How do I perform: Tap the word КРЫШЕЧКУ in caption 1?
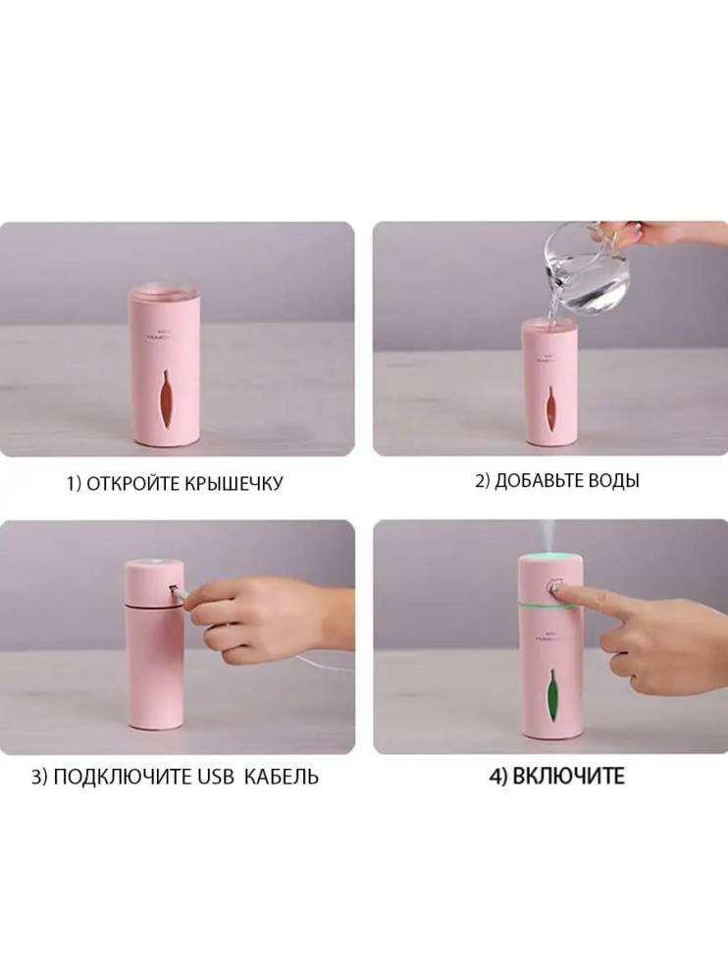coord(235,483)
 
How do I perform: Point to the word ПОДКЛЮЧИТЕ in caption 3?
coord(120,777)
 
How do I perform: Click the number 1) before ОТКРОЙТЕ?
coord(73,483)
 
